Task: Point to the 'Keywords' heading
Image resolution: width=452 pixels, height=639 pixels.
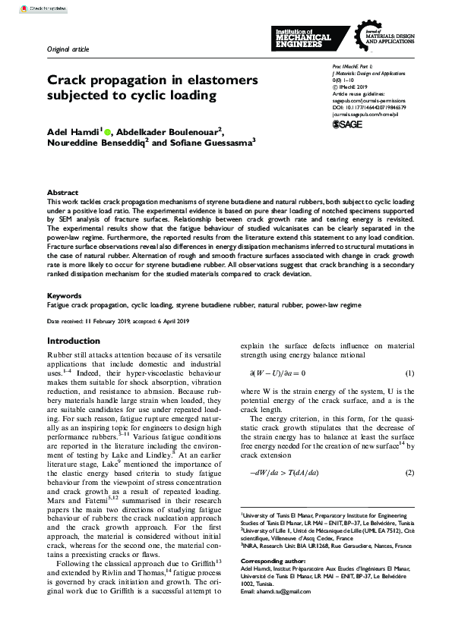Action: (x=64, y=295)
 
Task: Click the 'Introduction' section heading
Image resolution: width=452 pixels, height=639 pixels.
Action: (x=73, y=342)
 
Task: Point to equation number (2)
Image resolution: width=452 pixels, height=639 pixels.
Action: (x=409, y=452)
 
